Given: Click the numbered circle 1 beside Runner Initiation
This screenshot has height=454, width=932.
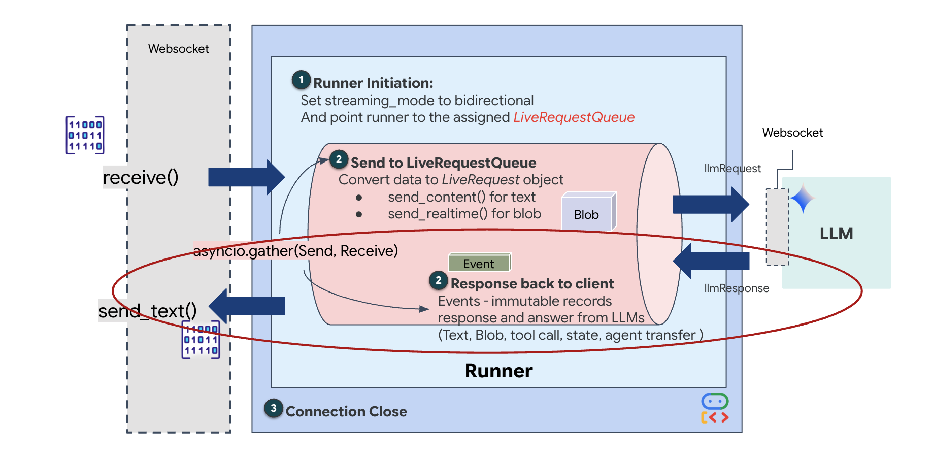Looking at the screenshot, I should pyautogui.click(x=301, y=80).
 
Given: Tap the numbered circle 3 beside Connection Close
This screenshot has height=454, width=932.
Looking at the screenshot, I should pyautogui.click(x=274, y=408).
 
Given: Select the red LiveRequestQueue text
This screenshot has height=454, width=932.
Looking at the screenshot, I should pyautogui.click(x=574, y=117).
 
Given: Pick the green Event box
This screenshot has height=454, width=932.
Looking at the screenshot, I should pyautogui.click(x=479, y=263).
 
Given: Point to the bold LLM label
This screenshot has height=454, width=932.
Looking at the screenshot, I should pyautogui.click(x=836, y=234).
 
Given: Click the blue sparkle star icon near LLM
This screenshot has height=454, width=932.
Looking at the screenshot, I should pyautogui.click(x=802, y=199).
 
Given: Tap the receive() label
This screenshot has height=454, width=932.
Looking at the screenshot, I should pyautogui.click(x=141, y=177).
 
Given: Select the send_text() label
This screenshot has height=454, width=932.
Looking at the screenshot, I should pyautogui.click(x=147, y=311).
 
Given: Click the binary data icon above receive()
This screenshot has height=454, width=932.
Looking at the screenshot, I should pyautogui.click(x=85, y=135).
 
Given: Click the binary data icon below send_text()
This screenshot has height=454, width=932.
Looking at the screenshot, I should pyautogui.click(x=201, y=340).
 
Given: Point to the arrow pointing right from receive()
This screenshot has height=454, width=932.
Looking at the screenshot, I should pyautogui.click(x=246, y=177).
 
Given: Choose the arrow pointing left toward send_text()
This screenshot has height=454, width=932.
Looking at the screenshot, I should pyautogui.click(x=247, y=306).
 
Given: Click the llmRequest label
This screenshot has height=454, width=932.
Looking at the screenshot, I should pyautogui.click(x=732, y=169).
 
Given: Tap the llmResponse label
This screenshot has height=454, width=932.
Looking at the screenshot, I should pyautogui.click(x=736, y=288).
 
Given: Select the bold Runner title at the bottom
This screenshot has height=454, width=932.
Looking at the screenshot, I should pyautogui.click(x=498, y=371).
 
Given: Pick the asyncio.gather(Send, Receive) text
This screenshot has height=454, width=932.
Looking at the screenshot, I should pyautogui.click(x=295, y=251).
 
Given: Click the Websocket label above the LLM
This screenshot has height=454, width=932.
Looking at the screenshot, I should pyautogui.click(x=792, y=133).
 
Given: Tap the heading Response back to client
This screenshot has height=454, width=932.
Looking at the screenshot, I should pyautogui.click(x=532, y=283).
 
